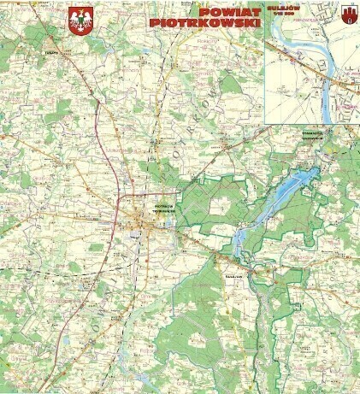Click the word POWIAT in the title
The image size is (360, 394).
[228, 12]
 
